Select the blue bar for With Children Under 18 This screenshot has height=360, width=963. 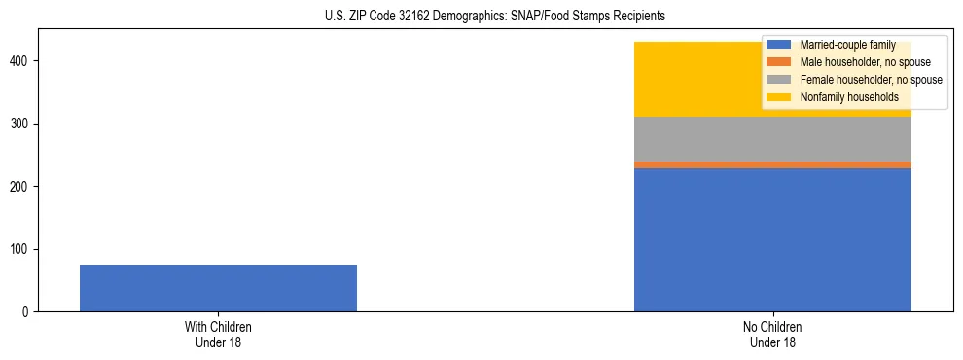218,288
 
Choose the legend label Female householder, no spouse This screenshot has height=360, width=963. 871,80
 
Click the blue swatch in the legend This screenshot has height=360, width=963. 778,45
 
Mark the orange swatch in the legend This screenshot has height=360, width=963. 778,62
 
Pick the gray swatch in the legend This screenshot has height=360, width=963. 778,80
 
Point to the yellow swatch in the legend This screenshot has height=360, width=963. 778,97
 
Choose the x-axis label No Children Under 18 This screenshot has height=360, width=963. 772,335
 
